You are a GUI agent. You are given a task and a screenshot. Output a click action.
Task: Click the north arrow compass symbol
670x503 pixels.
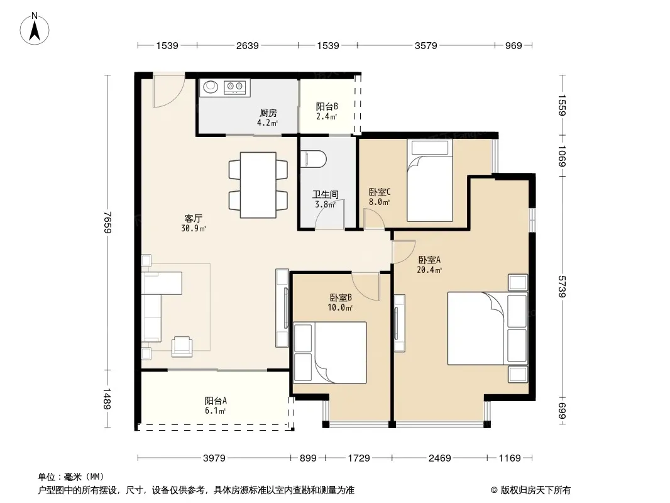tap(35, 29)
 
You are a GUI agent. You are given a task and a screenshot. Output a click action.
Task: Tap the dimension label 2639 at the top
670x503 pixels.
tap(248, 46)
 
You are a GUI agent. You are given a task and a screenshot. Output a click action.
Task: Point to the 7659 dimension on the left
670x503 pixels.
tap(107, 222)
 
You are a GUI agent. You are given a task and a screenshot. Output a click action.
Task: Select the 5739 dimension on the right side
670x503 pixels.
tap(562, 286)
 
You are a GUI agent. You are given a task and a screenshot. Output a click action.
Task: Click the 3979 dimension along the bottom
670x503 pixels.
tap(214, 458)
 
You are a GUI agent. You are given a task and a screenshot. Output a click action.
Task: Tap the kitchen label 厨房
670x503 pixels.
tap(268, 113)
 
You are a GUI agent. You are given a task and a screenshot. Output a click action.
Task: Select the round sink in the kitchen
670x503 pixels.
tap(210, 87)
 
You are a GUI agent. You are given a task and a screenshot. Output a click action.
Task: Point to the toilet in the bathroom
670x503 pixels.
tap(314, 160)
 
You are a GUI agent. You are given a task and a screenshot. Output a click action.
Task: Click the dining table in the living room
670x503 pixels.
tap(258, 185)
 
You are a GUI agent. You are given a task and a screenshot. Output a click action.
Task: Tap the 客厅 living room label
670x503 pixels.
tap(193, 218)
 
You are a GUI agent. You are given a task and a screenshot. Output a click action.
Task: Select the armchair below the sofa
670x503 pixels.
tap(182, 346)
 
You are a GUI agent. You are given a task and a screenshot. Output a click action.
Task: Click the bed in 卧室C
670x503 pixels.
tap(430, 180)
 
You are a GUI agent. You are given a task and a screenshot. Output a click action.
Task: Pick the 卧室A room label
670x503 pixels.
tap(429, 260)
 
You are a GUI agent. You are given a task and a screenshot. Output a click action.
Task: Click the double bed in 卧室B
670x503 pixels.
tap(331, 353)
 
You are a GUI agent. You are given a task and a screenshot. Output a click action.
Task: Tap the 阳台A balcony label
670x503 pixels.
tap(216, 401)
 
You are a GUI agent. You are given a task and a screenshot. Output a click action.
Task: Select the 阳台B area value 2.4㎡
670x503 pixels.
tap(327, 116)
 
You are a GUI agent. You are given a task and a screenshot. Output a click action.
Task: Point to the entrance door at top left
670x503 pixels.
tap(169, 92)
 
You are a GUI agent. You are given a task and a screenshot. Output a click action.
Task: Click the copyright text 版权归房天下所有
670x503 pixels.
tap(535, 490)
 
